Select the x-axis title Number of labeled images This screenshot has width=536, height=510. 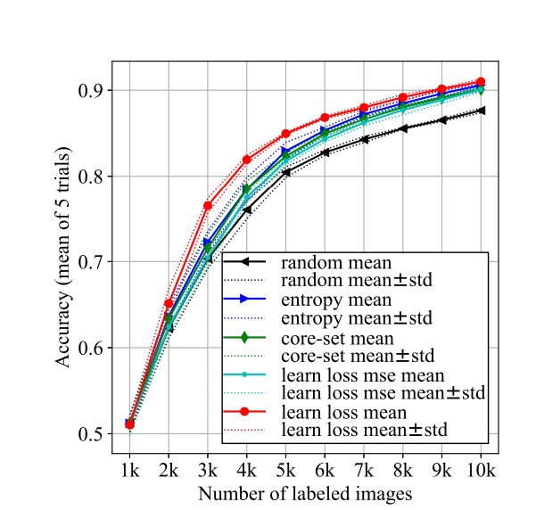point(305,492)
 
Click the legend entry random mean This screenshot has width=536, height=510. point(335,263)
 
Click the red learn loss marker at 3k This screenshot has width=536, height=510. point(208,206)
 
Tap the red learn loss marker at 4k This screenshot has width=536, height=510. point(247,160)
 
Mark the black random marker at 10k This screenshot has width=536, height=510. point(481,111)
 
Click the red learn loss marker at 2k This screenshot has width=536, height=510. point(169,304)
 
